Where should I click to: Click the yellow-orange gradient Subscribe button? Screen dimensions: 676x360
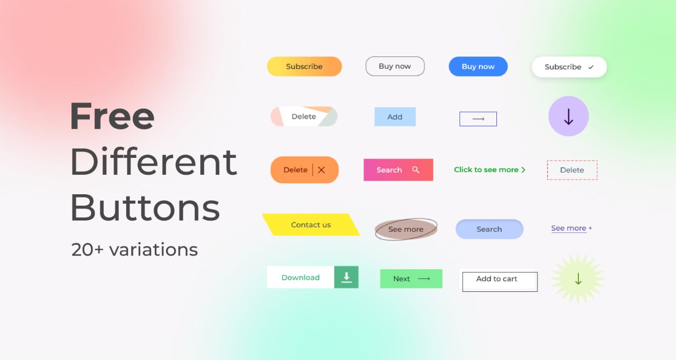[304, 67]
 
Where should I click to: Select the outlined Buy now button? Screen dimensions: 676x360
[395, 66]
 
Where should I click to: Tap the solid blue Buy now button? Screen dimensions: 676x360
[478, 67]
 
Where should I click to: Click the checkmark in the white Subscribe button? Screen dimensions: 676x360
[590, 67]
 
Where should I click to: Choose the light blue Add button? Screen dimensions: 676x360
[395, 117]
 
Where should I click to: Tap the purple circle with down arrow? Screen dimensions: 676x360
[569, 116]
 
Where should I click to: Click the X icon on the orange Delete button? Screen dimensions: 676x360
[322, 170]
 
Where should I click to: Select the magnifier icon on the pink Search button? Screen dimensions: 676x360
[416, 170]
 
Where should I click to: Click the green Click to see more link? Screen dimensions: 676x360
[490, 170]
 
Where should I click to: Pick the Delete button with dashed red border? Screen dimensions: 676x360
[572, 170]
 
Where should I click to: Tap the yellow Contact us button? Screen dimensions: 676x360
[311, 225]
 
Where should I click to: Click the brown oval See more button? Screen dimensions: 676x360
[406, 229]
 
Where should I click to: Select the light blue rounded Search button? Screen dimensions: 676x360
[489, 229]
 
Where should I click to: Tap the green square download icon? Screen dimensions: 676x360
[346, 277]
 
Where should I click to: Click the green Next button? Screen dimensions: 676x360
[411, 279]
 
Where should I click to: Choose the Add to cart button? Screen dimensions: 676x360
[500, 280]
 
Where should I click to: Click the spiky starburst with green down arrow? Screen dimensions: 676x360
[578, 279]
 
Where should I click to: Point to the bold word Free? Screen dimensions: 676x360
[112, 116]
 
